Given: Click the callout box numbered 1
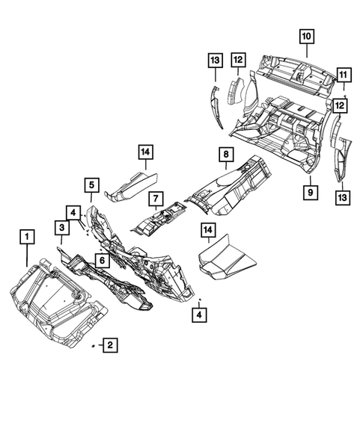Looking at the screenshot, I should coord(27,238).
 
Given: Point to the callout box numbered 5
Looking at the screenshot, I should coord(91,185).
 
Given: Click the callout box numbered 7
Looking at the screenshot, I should coord(155,200).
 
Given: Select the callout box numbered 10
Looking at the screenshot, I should coord(308,35).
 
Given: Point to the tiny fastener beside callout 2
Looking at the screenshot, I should coord(91,347).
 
